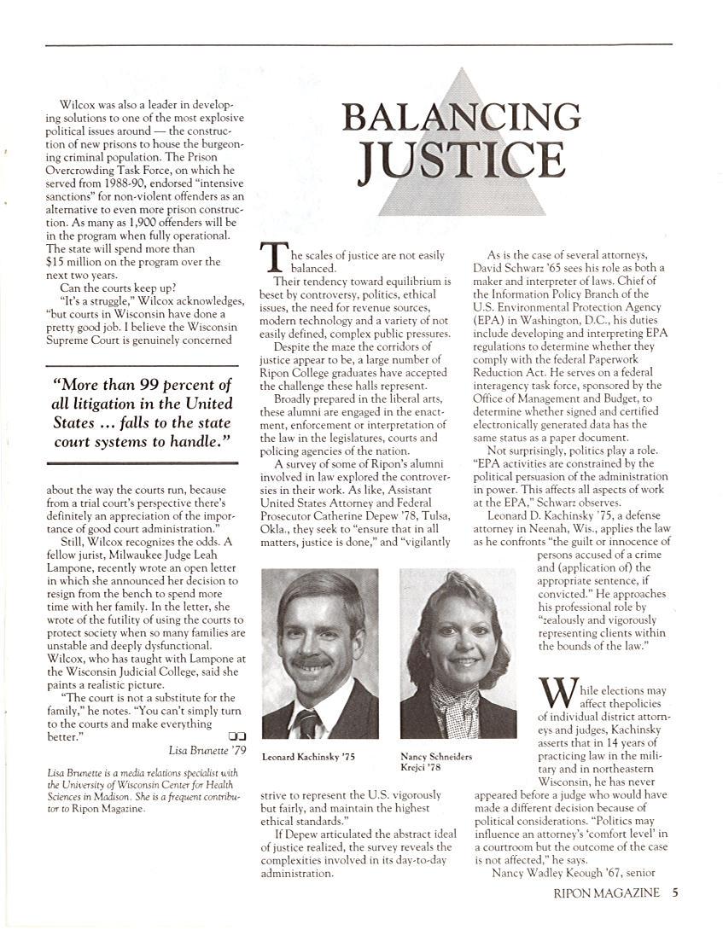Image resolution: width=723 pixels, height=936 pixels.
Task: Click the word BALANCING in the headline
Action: [x=462, y=116]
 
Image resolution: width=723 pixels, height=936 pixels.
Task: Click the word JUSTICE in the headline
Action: [x=462, y=160]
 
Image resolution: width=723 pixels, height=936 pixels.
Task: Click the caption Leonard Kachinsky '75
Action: [x=307, y=757]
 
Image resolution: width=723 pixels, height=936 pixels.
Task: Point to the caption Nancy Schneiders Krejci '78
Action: [x=435, y=762]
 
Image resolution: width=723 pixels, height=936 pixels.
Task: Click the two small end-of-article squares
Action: [x=238, y=736]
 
